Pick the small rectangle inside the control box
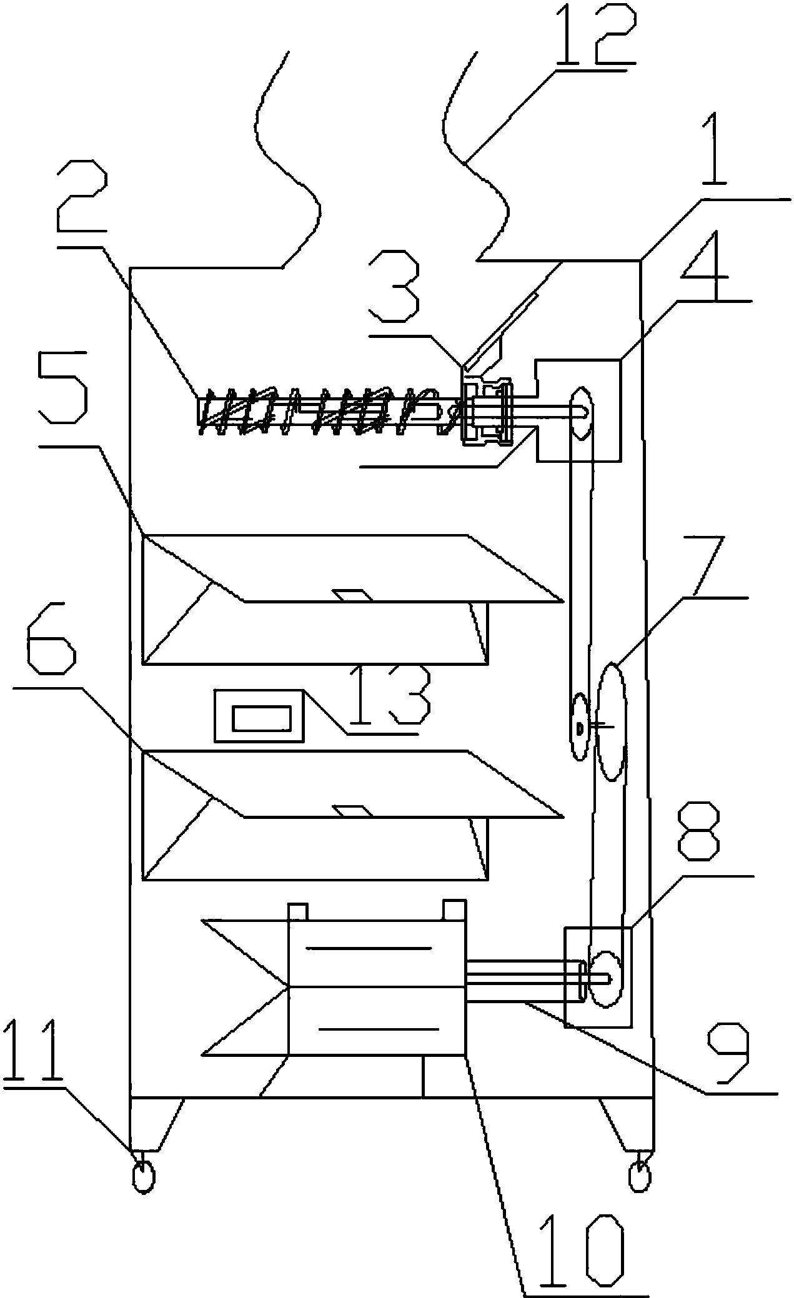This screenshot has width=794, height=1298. click(262, 718)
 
